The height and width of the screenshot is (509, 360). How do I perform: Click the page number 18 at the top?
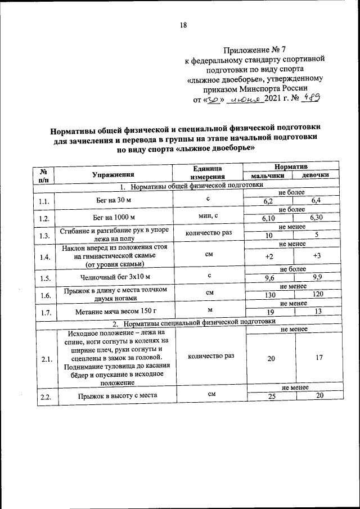pyautogui.click(x=183, y=25)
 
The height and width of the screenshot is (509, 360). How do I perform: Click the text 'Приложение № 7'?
pyautogui.click(x=251, y=49)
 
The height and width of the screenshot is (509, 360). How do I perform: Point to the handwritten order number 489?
pyautogui.click(x=310, y=98)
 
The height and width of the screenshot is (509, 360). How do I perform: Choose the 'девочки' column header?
pyautogui.click(x=316, y=177)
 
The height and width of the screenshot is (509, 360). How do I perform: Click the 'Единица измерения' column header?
pyautogui.click(x=208, y=173)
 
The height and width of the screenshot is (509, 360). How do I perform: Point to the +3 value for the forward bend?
pyautogui.click(x=317, y=256)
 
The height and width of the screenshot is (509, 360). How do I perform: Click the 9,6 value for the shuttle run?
pyautogui.click(x=269, y=277)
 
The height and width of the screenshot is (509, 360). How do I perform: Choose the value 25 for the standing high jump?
pyautogui.click(x=269, y=397)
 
